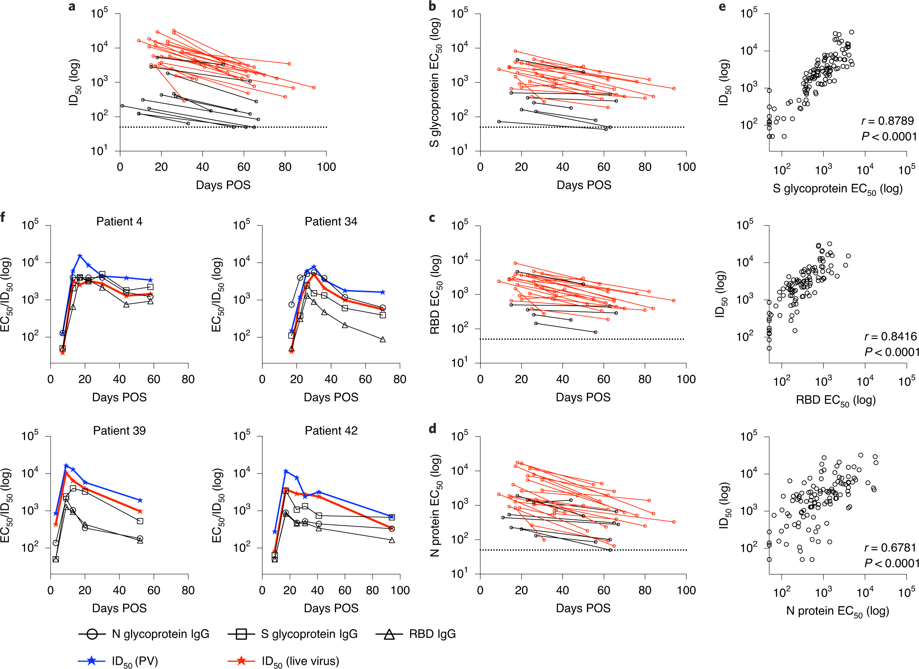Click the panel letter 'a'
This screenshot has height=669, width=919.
click(x=72, y=7)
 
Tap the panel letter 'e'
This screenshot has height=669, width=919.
click(x=722, y=7)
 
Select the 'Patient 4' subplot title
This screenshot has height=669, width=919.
click(x=119, y=222)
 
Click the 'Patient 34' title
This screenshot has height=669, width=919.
click(x=331, y=222)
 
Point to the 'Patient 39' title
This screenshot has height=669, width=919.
click(x=119, y=431)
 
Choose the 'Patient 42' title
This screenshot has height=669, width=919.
click(x=331, y=431)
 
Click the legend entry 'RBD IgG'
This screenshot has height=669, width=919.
click(x=432, y=634)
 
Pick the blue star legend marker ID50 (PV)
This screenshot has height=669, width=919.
click(x=91, y=661)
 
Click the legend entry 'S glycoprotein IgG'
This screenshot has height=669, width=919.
click(x=309, y=634)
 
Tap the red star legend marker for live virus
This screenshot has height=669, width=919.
click(x=241, y=661)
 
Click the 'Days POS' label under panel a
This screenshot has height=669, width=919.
click(x=223, y=185)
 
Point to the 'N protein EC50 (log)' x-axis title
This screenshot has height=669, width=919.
click(x=837, y=612)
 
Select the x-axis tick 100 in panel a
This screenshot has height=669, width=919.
click(x=326, y=167)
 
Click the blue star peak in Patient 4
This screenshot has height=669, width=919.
click(x=80, y=256)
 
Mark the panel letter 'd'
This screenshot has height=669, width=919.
click(x=432, y=429)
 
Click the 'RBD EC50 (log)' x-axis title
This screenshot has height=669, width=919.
click(x=835, y=400)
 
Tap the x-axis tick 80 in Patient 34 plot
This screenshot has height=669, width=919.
click(x=399, y=379)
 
